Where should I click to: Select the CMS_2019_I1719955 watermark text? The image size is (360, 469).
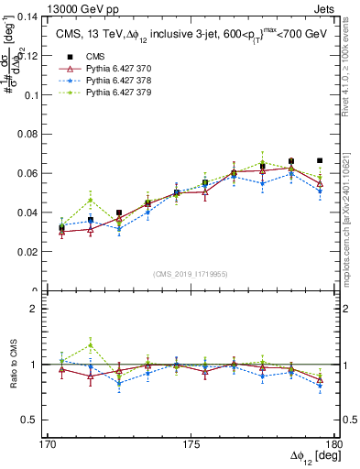pyautogui.click(x=191, y=273)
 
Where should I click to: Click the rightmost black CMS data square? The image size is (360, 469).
pyautogui.click(x=320, y=160)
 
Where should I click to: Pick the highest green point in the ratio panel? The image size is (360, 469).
pyautogui.click(x=90, y=344)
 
